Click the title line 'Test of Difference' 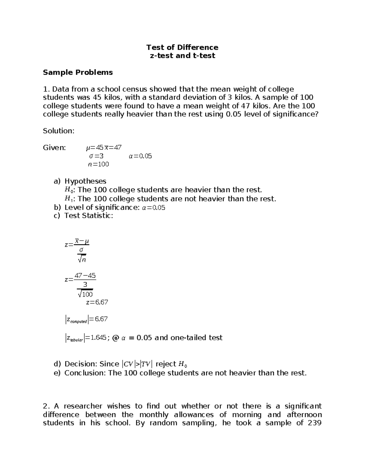(x=182, y=47)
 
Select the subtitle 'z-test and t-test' (x=182, y=55)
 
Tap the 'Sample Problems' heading (x=78, y=72)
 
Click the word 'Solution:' (x=59, y=131)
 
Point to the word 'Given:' (x=54, y=148)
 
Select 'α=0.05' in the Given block (x=140, y=156)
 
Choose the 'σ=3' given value (x=96, y=156)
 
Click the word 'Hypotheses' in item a (x=85, y=181)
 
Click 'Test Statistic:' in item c (x=89, y=216)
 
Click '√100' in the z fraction (x=85, y=294)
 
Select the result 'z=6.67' (x=97, y=302)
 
